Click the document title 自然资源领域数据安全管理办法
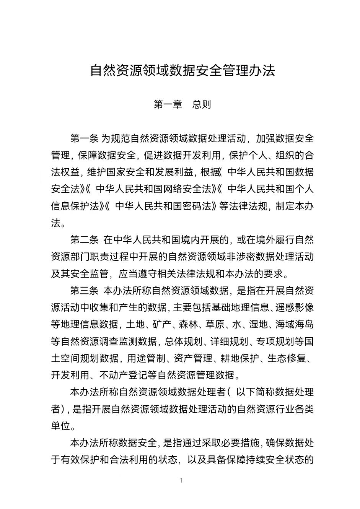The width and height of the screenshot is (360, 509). (x=182, y=71)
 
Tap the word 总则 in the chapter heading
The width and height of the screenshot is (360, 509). (x=202, y=104)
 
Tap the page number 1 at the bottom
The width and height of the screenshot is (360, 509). (x=181, y=480)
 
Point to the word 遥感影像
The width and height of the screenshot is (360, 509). (x=295, y=308)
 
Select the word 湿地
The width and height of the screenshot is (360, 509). (x=258, y=325)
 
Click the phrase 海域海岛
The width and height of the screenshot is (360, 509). (x=295, y=325)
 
